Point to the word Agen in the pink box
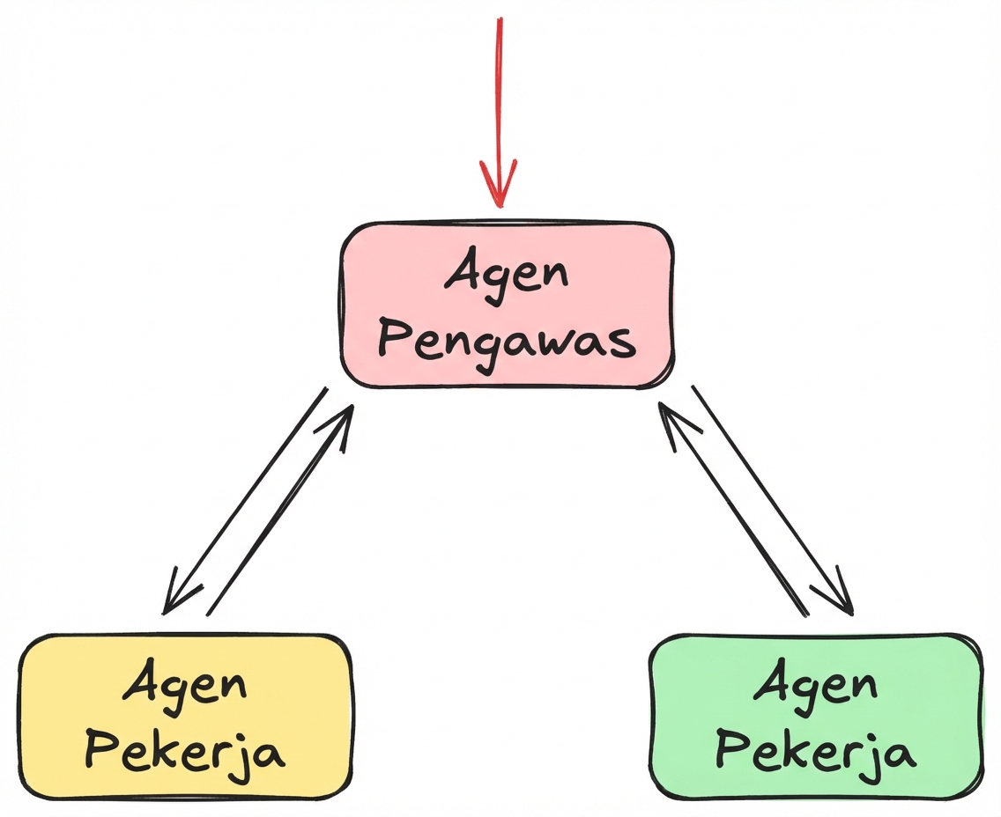point(507,275)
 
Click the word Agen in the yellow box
point(184,684)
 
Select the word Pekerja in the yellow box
point(187,754)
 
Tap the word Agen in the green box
point(815,684)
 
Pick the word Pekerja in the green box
point(814,754)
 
